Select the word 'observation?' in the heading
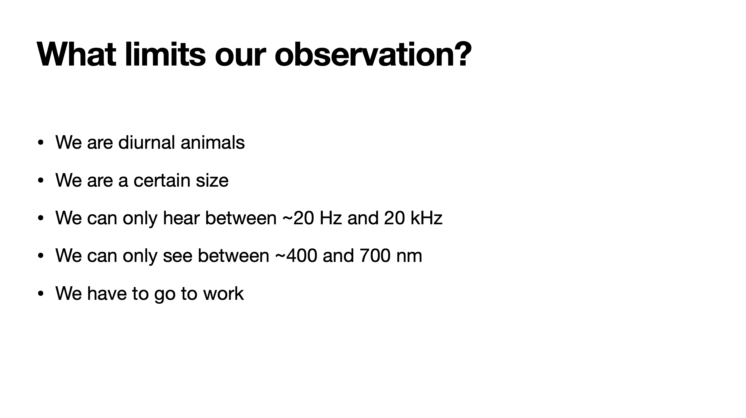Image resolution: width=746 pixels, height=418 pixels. (373, 54)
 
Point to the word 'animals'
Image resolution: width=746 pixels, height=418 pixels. (213, 142)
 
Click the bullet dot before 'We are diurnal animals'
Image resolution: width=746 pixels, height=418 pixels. (41, 143)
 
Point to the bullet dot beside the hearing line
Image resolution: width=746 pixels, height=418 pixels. (41, 218)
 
